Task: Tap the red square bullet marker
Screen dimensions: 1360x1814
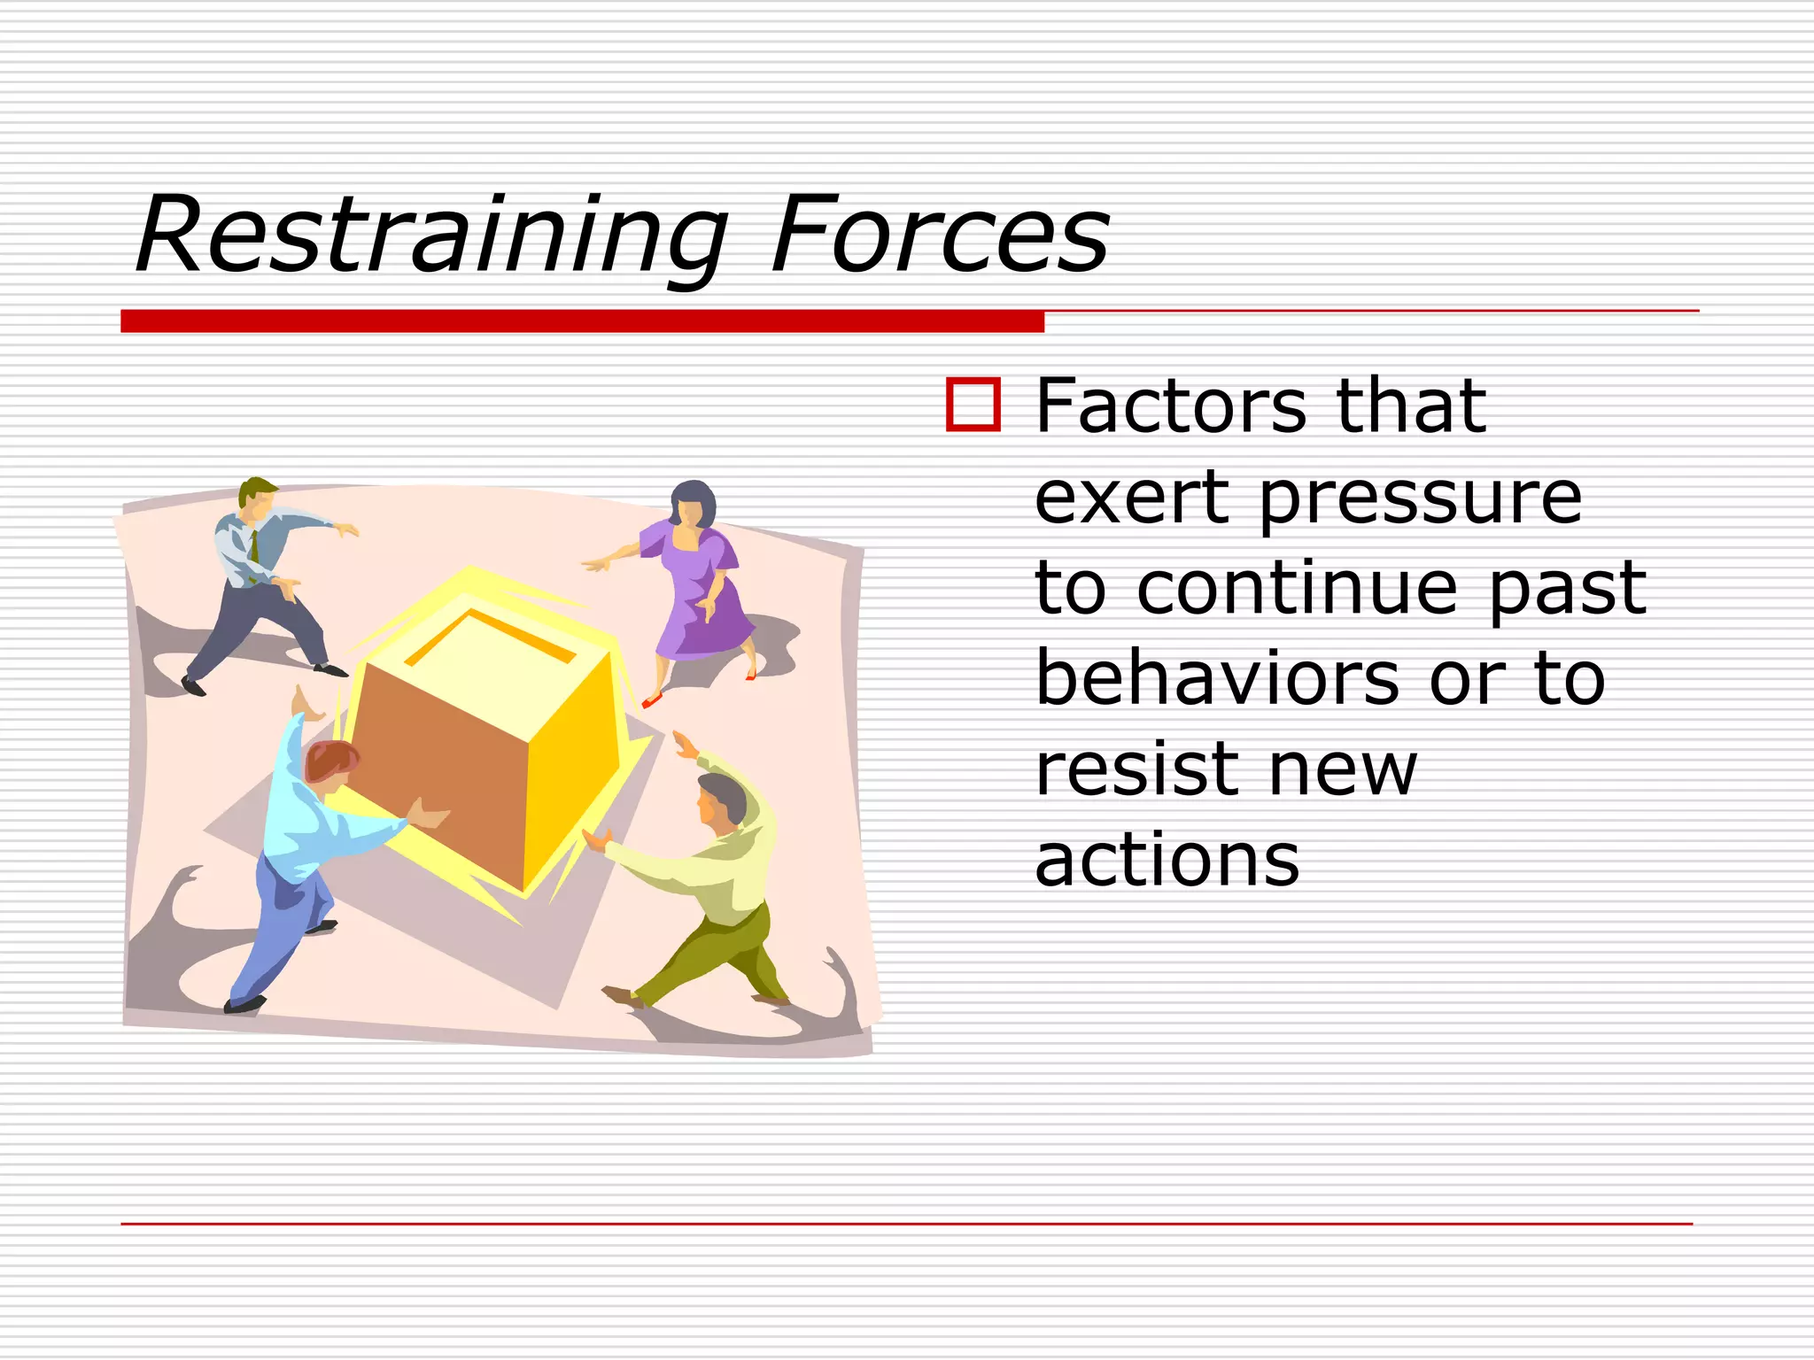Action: (973, 405)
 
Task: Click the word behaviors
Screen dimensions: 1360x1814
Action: (1218, 678)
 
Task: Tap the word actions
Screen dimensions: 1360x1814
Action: (1167, 860)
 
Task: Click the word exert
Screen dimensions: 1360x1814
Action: (1133, 498)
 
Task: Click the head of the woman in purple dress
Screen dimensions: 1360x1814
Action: (692, 505)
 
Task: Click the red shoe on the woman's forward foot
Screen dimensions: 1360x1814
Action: (652, 702)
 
